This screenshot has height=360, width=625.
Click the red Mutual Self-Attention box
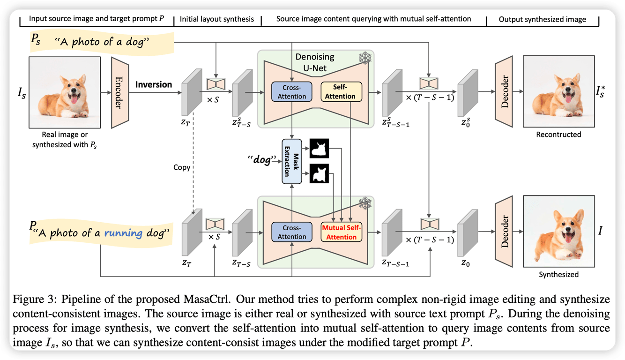coord(342,232)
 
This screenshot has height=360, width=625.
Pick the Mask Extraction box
coord(291,161)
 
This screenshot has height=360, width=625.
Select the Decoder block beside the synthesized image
coord(504,231)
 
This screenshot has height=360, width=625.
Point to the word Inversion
coord(154,84)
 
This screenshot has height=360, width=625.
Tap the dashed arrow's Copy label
coord(181,167)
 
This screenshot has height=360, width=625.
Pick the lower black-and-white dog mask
coord(320,174)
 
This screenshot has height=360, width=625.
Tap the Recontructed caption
coord(558,135)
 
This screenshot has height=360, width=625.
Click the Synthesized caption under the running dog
coord(558,274)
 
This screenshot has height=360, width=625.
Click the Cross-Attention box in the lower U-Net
coord(291,232)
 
